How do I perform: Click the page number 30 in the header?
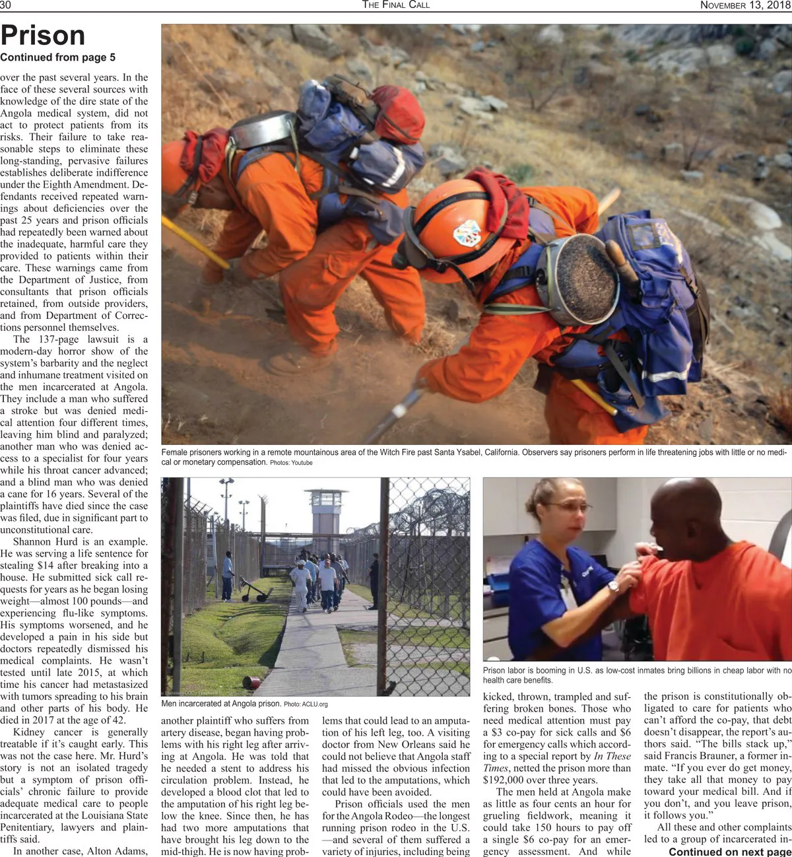pyautogui.click(x=6, y=5)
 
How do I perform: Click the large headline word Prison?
pyautogui.click(x=43, y=36)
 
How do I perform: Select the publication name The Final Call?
pyautogui.click(x=396, y=5)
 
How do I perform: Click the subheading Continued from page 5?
pyautogui.click(x=57, y=57)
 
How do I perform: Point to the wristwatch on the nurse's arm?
pyautogui.click(x=614, y=586)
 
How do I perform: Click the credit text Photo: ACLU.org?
pyautogui.click(x=306, y=704)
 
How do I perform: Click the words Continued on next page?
pyautogui.click(x=729, y=852)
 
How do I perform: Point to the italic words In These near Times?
pyautogui.click(x=612, y=756)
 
